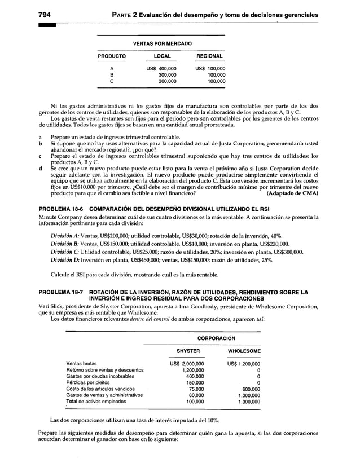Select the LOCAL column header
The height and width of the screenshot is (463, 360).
(162, 57)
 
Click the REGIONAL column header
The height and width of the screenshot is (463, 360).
(210, 57)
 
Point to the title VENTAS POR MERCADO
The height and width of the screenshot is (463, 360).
(161, 43)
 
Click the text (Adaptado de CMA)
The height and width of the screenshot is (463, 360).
(292, 193)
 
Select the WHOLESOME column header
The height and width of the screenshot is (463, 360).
(243, 351)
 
